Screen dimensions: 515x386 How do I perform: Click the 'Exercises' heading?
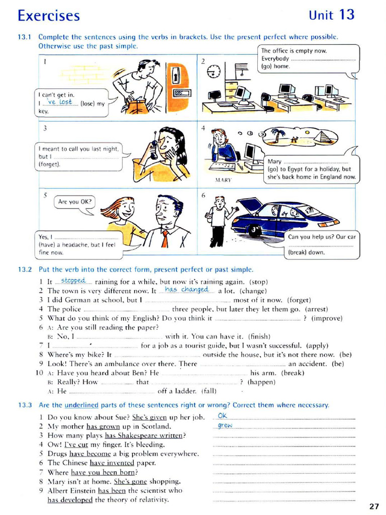[x=49, y=16]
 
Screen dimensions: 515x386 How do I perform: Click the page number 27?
[x=373, y=506]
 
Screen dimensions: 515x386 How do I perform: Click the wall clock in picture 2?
[x=214, y=71]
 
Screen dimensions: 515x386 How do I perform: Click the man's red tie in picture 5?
[x=165, y=238]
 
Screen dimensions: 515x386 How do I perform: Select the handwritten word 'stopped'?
[x=73, y=281]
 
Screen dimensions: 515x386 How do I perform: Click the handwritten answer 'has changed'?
[x=186, y=290]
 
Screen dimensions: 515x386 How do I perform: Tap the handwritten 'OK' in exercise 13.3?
[x=223, y=416]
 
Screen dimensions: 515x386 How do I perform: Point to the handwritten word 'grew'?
[x=225, y=425]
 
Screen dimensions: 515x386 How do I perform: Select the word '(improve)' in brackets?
[x=327, y=318]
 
